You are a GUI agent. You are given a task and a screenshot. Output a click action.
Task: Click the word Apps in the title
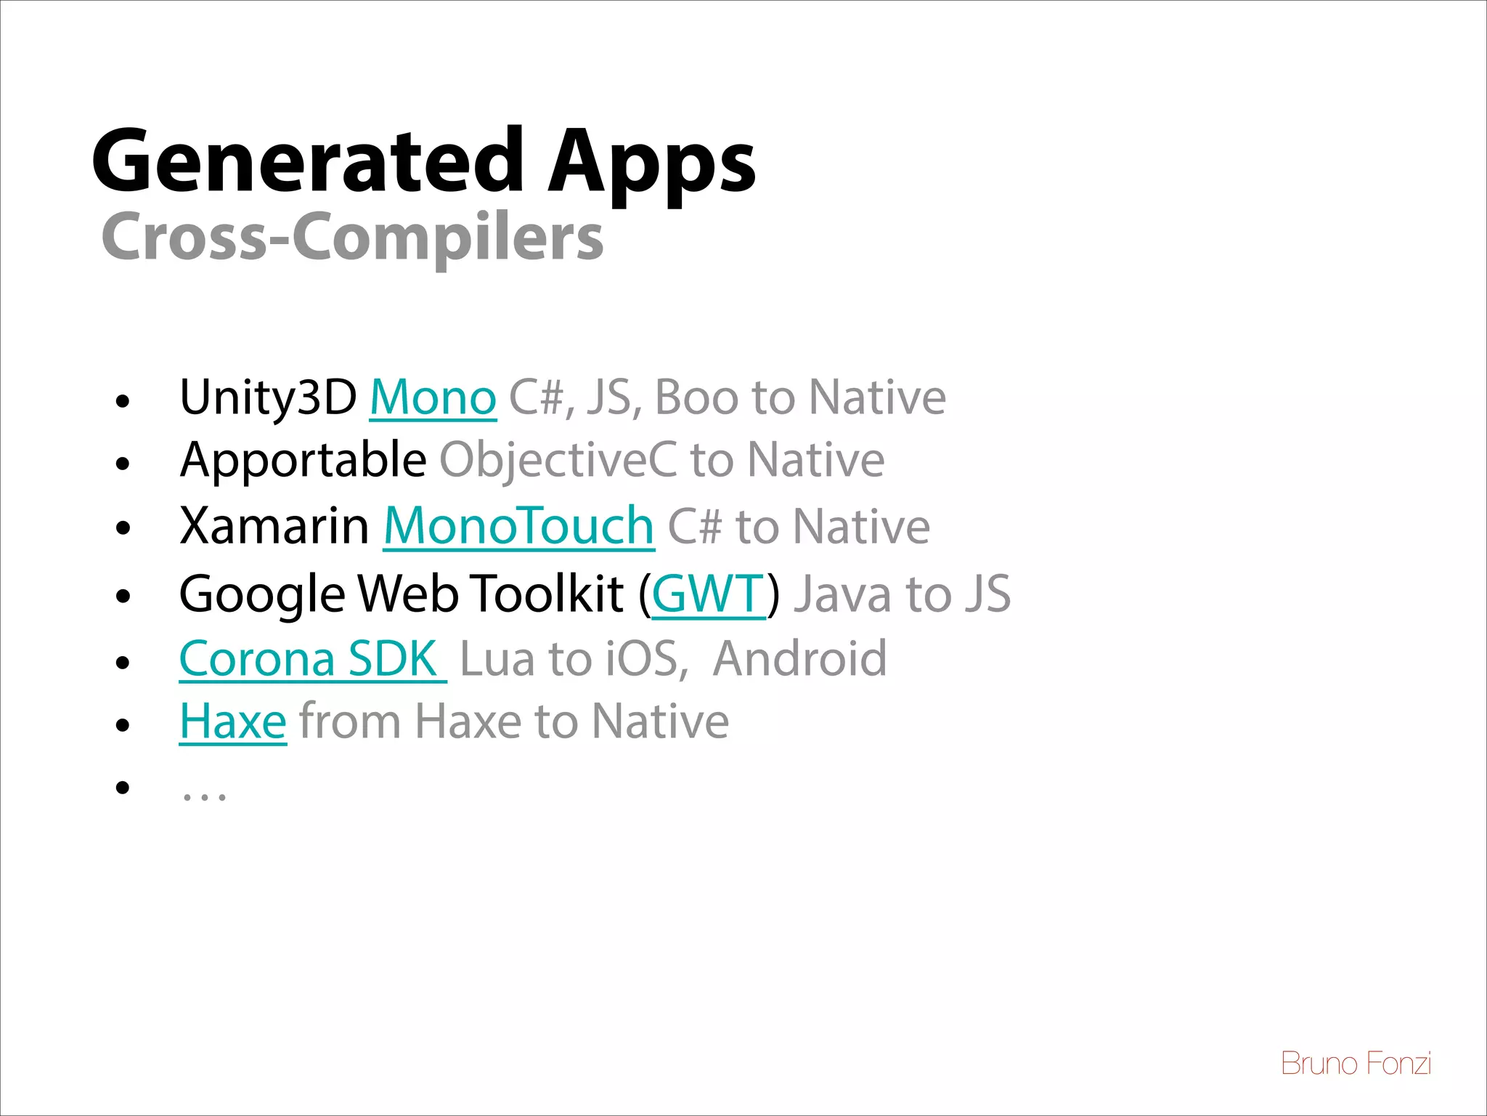651,163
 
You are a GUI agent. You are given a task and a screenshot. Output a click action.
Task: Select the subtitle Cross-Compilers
352,237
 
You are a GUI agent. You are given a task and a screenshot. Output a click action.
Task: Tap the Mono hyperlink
433,397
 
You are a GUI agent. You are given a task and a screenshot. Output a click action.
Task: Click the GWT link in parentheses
708,594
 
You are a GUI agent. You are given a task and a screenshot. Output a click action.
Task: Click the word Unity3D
268,397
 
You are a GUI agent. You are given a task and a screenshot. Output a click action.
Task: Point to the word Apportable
303,460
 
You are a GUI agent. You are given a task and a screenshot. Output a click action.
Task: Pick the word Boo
696,397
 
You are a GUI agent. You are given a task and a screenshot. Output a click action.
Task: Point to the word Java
842,594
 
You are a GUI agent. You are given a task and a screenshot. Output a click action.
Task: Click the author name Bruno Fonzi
1356,1064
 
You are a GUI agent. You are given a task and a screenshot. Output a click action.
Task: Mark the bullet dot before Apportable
123,463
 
